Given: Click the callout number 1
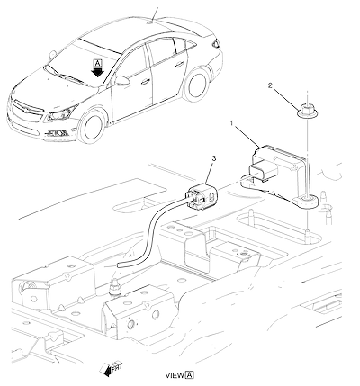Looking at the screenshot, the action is click(231, 123).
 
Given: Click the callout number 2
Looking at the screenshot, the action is click(270, 85).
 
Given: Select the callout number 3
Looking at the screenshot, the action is click(213, 158).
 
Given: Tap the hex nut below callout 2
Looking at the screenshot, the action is click(307, 112).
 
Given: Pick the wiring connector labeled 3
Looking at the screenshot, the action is click(202, 196).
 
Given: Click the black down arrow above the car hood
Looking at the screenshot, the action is click(98, 72).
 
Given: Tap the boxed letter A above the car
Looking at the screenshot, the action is click(98, 63).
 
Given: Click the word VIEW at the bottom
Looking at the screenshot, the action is click(175, 375).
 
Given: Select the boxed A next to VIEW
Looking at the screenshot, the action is click(190, 375).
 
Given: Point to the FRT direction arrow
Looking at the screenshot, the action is click(111, 368).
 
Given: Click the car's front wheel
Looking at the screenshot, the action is click(93, 128).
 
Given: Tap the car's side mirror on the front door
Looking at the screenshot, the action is click(121, 80).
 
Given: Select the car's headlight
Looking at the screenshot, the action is click(61, 114).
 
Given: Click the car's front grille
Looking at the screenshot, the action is click(26, 112).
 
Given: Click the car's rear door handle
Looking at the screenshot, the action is click(180, 64).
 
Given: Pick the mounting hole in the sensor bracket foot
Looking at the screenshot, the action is click(306, 199).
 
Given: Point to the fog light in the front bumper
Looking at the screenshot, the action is click(57, 132).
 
